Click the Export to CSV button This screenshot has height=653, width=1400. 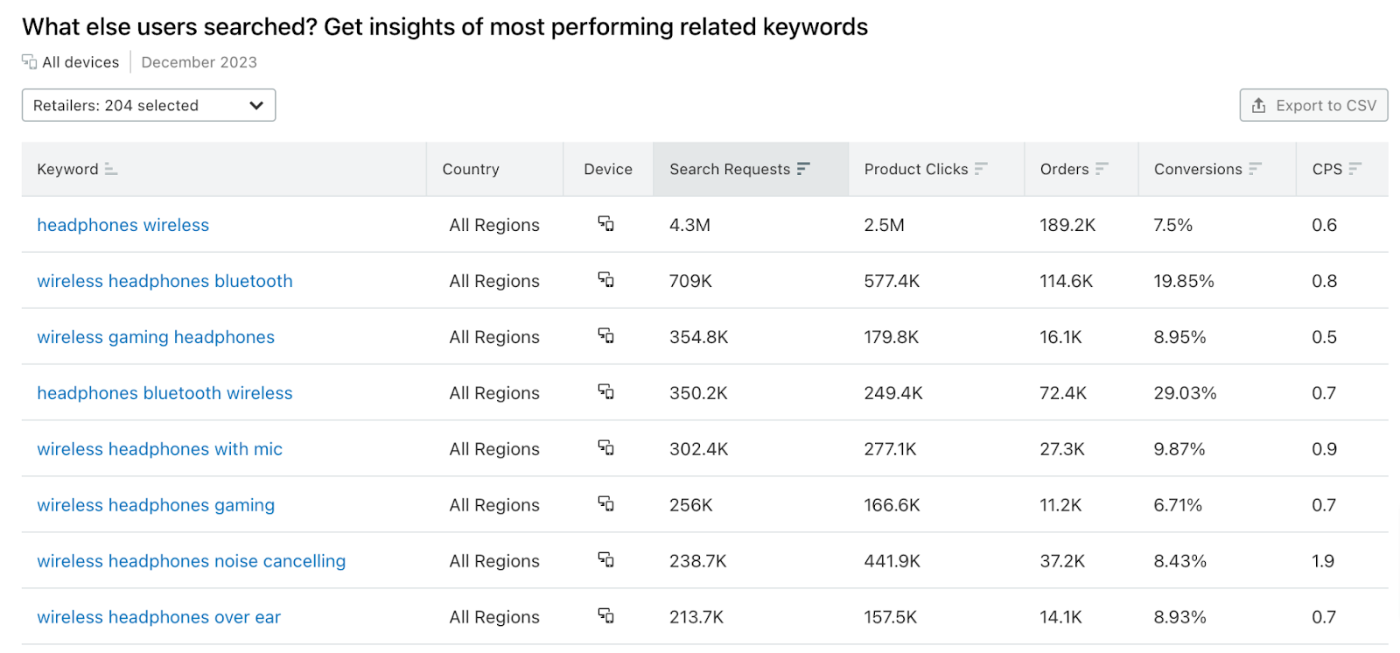pos(1313,105)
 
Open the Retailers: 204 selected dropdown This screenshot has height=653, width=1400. pos(149,105)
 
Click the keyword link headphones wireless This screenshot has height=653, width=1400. pos(122,225)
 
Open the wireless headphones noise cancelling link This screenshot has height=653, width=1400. pos(191,561)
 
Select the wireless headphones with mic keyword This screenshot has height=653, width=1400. pos(159,449)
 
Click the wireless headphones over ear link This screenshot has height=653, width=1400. pos(158,617)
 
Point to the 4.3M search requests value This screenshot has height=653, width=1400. pos(689,225)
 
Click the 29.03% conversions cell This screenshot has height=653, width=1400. pos(1185,393)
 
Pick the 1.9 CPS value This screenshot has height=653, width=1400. pos(1323,561)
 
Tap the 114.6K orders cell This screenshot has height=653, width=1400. pos(1066,281)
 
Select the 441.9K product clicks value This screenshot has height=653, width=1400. pos(892,561)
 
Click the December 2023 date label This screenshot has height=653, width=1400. pos(199,62)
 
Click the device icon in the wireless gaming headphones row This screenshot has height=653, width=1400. pos(605,336)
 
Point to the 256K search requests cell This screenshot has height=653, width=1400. pos(690,505)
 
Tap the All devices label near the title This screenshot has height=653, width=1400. pos(80,62)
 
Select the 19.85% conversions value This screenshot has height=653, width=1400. pos(1183,281)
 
